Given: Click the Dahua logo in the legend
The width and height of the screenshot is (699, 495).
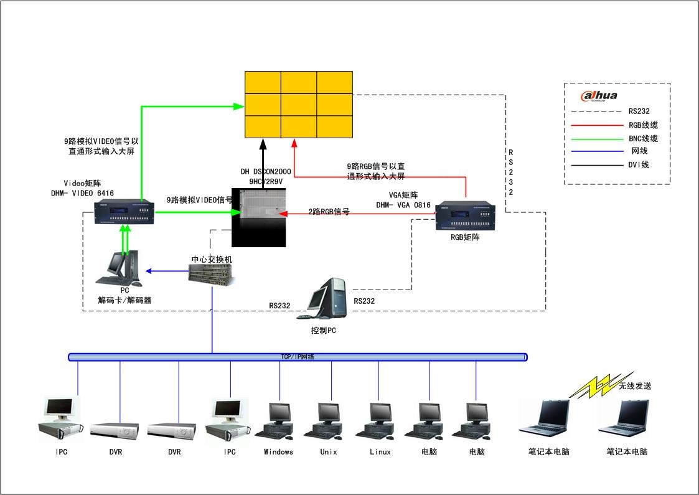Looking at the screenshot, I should tap(599, 95).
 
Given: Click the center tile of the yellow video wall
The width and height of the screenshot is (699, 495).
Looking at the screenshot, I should tap(299, 104).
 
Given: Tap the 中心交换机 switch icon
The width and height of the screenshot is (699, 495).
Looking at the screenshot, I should tap(212, 273).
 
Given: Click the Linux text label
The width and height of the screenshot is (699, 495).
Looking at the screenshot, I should tap(380, 452).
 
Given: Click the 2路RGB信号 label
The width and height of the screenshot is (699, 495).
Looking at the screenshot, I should tap(329, 212).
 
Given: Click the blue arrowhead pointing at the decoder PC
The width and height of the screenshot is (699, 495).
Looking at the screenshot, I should tap(149, 271).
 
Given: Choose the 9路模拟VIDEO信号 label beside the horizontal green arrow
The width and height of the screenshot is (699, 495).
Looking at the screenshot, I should tap(199, 200).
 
